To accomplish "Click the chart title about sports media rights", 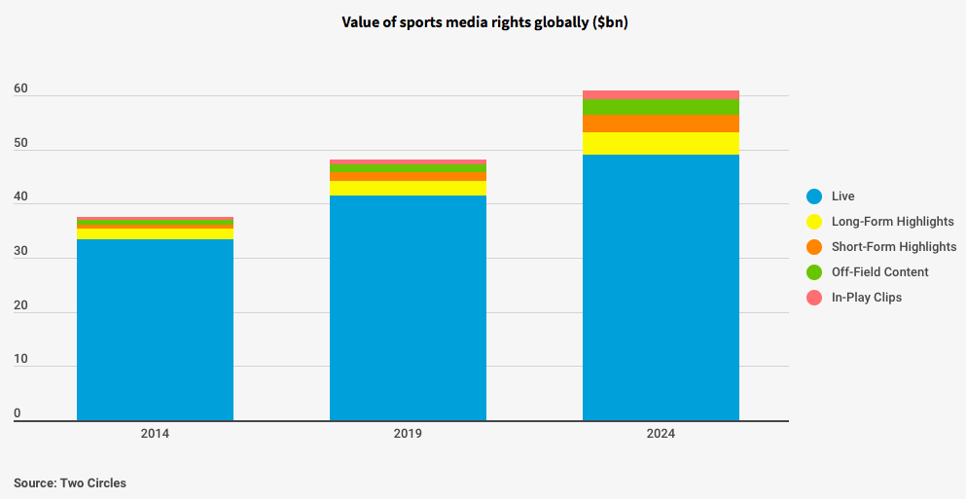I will [x=483, y=22].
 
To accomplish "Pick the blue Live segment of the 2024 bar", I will [x=661, y=287].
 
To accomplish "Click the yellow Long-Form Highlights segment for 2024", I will [x=661, y=143].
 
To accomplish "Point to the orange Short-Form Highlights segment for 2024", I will [x=661, y=124].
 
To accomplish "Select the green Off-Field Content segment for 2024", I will [x=661, y=106].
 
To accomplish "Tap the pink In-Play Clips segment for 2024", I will [x=661, y=94].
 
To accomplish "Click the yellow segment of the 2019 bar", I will [x=408, y=188].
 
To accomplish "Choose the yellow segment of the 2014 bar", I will [x=155, y=233].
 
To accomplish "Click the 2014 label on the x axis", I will [x=155, y=434].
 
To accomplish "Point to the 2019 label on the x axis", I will [x=408, y=434].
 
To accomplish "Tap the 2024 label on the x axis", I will [x=661, y=434].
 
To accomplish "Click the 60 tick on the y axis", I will [x=20, y=89].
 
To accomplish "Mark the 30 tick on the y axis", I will [x=20, y=252].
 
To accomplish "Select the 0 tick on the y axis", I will [x=18, y=413].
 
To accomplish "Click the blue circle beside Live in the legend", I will [x=814, y=196].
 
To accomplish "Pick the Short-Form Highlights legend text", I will [x=894, y=247].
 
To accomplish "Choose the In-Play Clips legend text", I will [x=867, y=298].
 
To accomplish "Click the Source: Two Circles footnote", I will [x=70, y=482].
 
